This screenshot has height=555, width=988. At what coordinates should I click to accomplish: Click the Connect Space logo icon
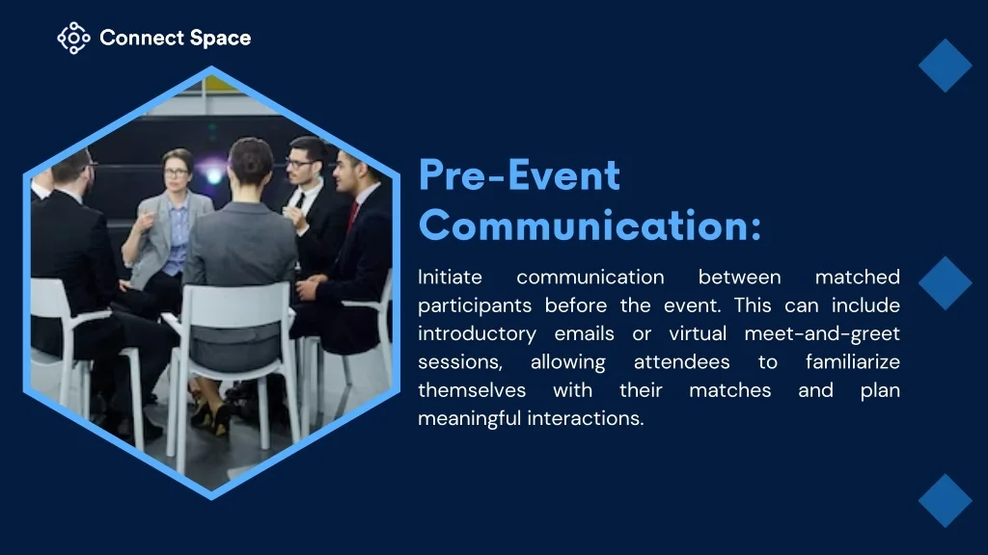tap(73, 39)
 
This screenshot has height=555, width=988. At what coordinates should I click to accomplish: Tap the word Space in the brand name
tap(220, 39)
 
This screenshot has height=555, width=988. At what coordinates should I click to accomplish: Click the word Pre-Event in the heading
tap(519, 175)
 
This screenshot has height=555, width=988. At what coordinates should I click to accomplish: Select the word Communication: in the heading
tap(590, 225)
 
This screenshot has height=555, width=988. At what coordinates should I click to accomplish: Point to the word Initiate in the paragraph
tap(450, 277)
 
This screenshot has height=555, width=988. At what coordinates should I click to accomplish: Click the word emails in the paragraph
tap(584, 333)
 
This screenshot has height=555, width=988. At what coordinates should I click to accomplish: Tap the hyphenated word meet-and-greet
tap(822, 334)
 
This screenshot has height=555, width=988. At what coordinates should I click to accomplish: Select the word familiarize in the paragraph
tap(853, 362)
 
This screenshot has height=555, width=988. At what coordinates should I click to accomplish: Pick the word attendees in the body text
tap(682, 362)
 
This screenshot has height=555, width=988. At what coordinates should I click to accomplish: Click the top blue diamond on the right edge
tap(946, 66)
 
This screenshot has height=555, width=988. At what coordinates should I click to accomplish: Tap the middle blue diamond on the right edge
tap(946, 283)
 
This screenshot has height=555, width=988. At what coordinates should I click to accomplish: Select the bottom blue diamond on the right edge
tap(946, 501)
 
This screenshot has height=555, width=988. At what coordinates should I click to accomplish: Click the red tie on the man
tap(353, 215)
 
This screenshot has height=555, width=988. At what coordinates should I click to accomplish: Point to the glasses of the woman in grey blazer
tap(176, 172)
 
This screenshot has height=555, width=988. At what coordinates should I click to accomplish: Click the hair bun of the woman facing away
tap(251, 157)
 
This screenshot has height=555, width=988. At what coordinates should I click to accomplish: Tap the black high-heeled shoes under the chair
tap(211, 416)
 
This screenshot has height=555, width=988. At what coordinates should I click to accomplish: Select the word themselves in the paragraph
tap(472, 390)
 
